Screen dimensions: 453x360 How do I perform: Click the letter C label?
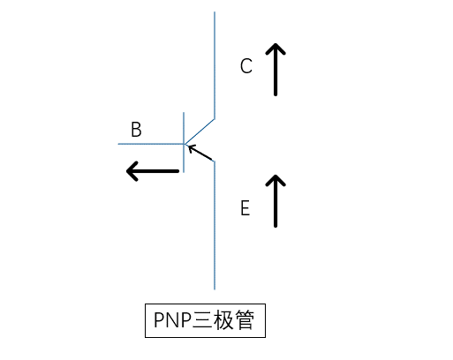pos(246,66)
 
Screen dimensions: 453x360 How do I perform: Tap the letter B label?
pos(136,130)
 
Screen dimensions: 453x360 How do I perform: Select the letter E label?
pos(245,208)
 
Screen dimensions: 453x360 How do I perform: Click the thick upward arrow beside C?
pos(276,70)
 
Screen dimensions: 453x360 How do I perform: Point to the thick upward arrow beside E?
pos(276,201)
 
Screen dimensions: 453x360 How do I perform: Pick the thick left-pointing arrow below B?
pos(153,171)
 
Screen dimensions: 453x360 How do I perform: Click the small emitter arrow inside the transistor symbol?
pos(200,153)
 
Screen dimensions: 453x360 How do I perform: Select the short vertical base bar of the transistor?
pos(184,142)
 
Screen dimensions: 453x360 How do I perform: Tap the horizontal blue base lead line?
pos(151,144)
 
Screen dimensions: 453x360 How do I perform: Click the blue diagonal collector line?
pos(200,131)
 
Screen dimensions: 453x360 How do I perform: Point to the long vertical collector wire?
pos(215,65)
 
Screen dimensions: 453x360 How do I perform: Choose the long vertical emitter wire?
pos(215,225)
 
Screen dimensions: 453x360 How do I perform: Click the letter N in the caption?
pos(175,320)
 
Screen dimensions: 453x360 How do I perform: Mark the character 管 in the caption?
pos(245,320)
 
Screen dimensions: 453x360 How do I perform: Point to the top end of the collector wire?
pos(215,11)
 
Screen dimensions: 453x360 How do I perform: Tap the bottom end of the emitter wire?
pos(215,289)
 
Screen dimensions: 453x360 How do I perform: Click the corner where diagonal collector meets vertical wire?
pos(215,119)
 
